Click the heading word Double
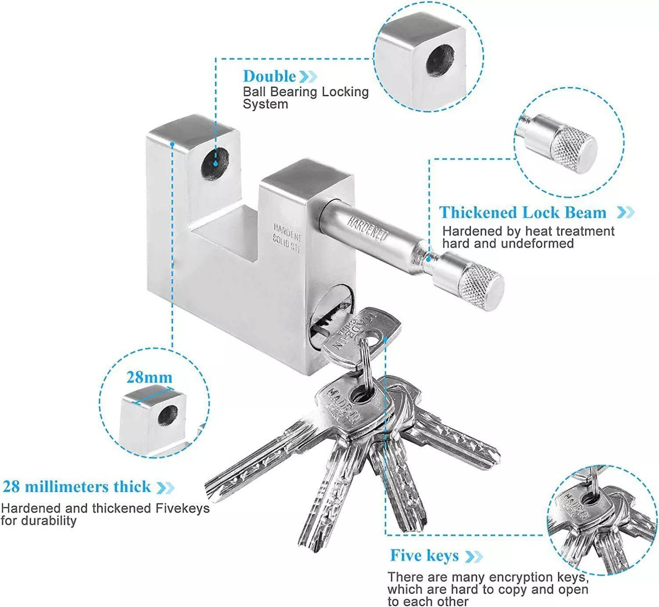270,76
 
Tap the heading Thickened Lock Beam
523,213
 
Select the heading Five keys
424,556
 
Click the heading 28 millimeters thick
76,487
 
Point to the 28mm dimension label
149,377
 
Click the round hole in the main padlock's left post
215,163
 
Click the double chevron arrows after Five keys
474,556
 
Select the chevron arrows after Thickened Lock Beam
625,213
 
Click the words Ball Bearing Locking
306,92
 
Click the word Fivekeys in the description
182,508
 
